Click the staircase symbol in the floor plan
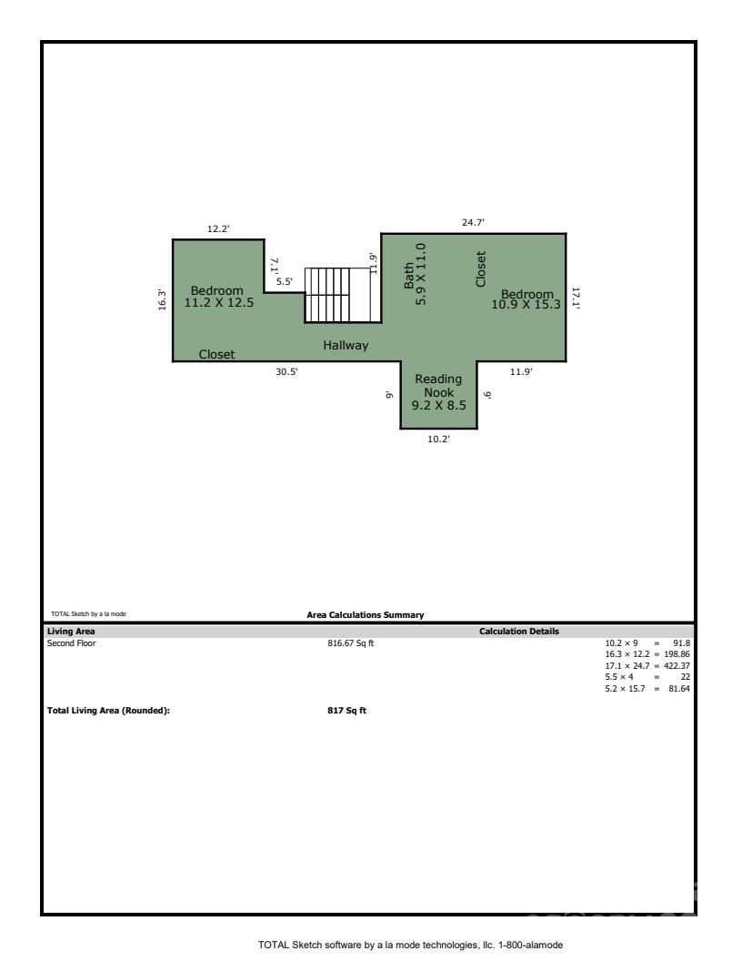pos(339,295)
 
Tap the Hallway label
pos(346,346)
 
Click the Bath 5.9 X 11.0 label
pos(414,274)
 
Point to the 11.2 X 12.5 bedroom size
pos(218,303)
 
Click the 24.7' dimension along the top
pos(474,222)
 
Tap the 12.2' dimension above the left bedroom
pos(218,229)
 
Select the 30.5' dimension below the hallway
pos(286,370)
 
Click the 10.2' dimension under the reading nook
pos(438,439)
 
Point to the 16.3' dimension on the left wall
pos(162,299)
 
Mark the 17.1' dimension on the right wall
pos(576,298)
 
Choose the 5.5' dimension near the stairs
pos(284,282)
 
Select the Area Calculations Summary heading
pos(365,615)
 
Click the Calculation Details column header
pos(519,631)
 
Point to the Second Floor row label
pos(71,643)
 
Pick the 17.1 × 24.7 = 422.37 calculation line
pos(647,665)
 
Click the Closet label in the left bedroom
pos(216,354)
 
